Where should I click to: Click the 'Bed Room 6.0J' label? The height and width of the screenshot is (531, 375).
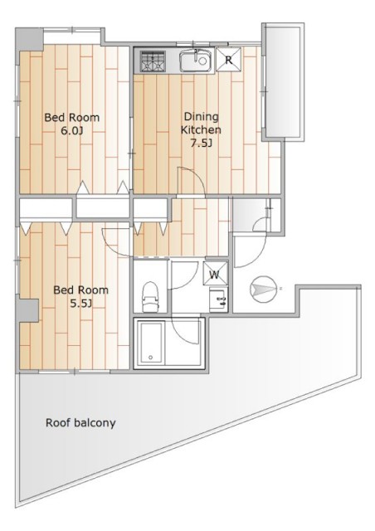pos(72,124)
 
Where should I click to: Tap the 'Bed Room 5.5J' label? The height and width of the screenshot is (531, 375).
pos(81,296)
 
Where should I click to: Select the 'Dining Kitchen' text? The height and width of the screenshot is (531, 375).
pos(201,124)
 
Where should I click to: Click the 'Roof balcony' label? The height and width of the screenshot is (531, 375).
pos(80,422)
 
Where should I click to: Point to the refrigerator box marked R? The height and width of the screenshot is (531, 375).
pos(229,60)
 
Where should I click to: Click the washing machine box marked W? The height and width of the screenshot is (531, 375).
pos(215,274)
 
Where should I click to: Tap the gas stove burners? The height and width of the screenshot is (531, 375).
pos(153,61)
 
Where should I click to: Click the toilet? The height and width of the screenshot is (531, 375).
pos(149,297)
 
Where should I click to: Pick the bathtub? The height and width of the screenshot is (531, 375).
pos(151,343)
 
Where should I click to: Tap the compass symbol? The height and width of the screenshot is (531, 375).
pos(263,289)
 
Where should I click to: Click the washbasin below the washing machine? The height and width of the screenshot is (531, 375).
pos(218,300)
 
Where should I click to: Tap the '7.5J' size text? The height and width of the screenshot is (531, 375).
pos(201,144)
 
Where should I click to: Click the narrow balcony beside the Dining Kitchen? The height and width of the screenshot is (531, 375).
pos(283,82)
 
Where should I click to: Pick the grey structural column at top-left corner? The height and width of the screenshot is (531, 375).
pos(30,40)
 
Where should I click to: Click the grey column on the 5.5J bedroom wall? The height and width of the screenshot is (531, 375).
pos(28,311)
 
